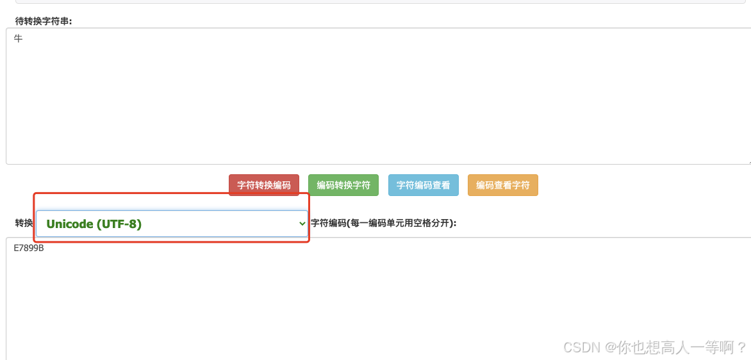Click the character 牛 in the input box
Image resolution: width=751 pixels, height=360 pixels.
tap(19, 39)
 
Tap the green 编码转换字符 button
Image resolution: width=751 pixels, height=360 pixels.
tap(343, 185)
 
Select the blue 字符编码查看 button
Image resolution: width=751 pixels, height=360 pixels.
tap(423, 185)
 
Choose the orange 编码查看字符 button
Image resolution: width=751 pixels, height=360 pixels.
tap(502, 185)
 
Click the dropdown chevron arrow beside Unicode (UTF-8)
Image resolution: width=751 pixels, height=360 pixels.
tap(302, 224)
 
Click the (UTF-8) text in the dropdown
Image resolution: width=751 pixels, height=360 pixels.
tap(119, 224)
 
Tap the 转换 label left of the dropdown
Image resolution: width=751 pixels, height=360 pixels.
tap(24, 223)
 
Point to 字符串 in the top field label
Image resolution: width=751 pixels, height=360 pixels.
tap(56, 20)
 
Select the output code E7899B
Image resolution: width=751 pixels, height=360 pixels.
tap(29, 248)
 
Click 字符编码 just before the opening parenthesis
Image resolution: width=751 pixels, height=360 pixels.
tap(328, 223)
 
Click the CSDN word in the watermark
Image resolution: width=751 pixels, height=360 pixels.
tap(581, 347)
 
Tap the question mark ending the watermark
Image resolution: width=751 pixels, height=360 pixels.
tap(742, 347)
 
